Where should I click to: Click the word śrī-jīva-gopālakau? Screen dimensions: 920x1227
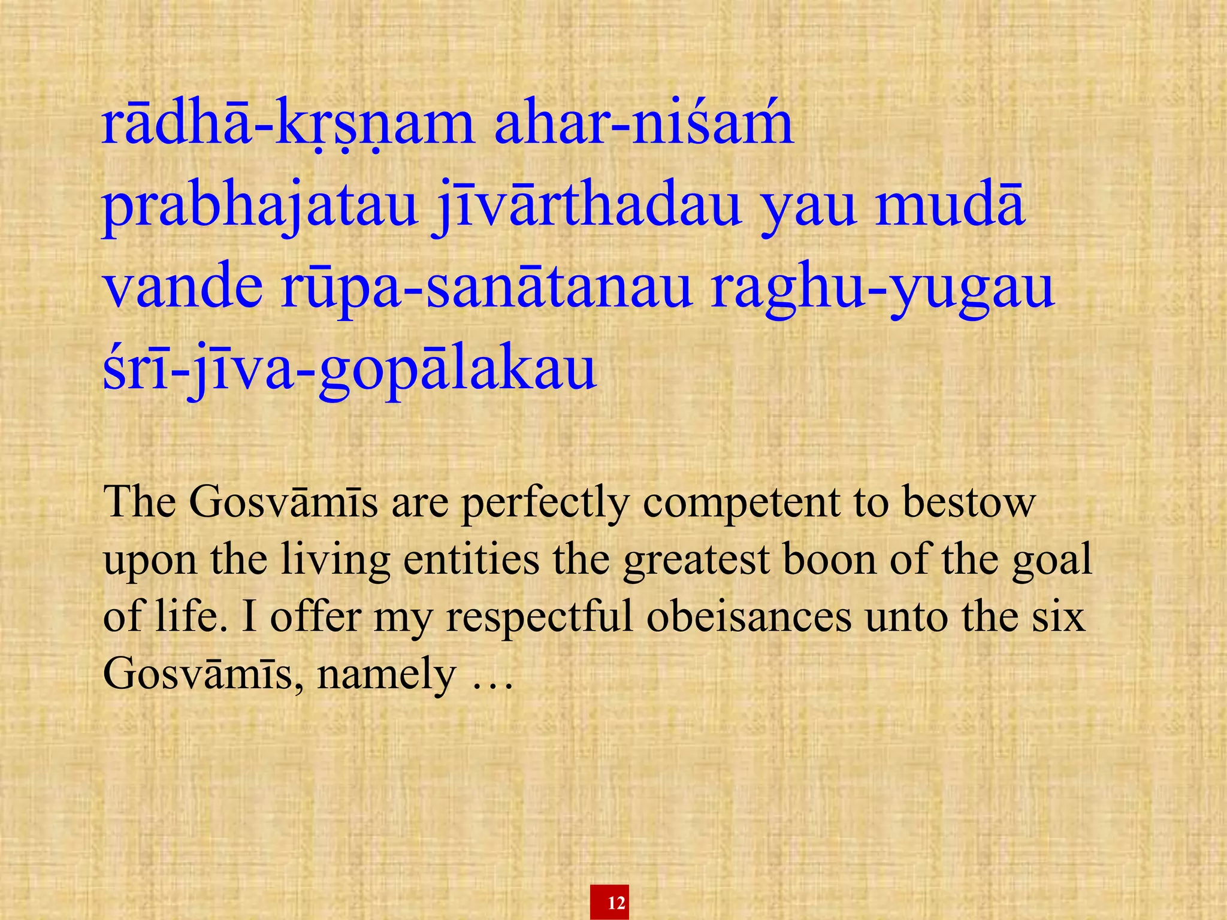tap(350, 371)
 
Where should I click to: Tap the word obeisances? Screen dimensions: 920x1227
tap(749, 616)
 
